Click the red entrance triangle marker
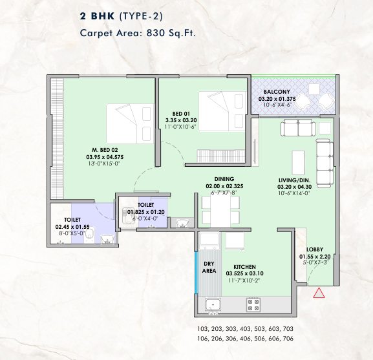click(x=319, y=293)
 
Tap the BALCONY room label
click(x=277, y=92)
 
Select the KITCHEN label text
click(x=244, y=267)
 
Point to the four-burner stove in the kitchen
click(x=253, y=305)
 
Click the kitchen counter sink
click(x=213, y=304)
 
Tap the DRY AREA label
click(x=209, y=268)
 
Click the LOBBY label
click(x=314, y=249)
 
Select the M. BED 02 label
click(x=105, y=150)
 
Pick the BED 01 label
click(x=181, y=114)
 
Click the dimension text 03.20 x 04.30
click(x=295, y=187)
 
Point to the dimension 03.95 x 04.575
click(x=105, y=157)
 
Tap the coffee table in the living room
click(x=298, y=163)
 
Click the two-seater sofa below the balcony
click(x=298, y=128)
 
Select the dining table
click(x=220, y=211)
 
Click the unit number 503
click(x=259, y=329)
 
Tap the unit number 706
click(x=288, y=339)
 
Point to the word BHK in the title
click(x=103, y=16)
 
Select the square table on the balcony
click(x=314, y=89)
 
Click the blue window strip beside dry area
click(x=197, y=273)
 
